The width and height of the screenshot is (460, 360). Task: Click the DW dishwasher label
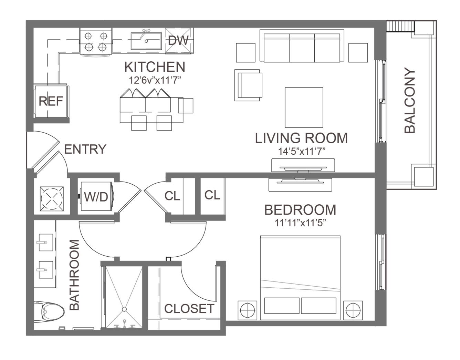178,40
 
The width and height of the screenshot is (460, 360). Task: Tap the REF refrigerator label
51,101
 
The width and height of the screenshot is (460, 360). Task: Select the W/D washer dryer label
96,197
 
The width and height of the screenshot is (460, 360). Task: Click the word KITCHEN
155,67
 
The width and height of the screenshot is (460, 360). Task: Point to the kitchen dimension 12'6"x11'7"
155,80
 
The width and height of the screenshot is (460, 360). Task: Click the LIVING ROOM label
301,138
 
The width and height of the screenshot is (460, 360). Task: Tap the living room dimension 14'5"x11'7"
302,152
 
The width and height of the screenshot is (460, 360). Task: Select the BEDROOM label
300,210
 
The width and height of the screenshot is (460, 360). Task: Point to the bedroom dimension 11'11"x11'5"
300,223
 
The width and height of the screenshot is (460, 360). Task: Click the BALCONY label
410,100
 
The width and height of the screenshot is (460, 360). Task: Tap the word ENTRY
85,149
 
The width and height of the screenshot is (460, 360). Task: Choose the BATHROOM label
74,275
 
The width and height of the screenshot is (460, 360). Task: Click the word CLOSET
189,309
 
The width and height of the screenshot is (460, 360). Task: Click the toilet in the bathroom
49,312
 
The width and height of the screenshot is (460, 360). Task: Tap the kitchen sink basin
146,41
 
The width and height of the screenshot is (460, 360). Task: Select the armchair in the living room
248,85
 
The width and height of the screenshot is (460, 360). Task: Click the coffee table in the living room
304,107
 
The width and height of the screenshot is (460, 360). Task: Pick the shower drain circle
124,309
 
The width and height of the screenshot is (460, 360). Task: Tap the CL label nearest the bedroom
212,195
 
